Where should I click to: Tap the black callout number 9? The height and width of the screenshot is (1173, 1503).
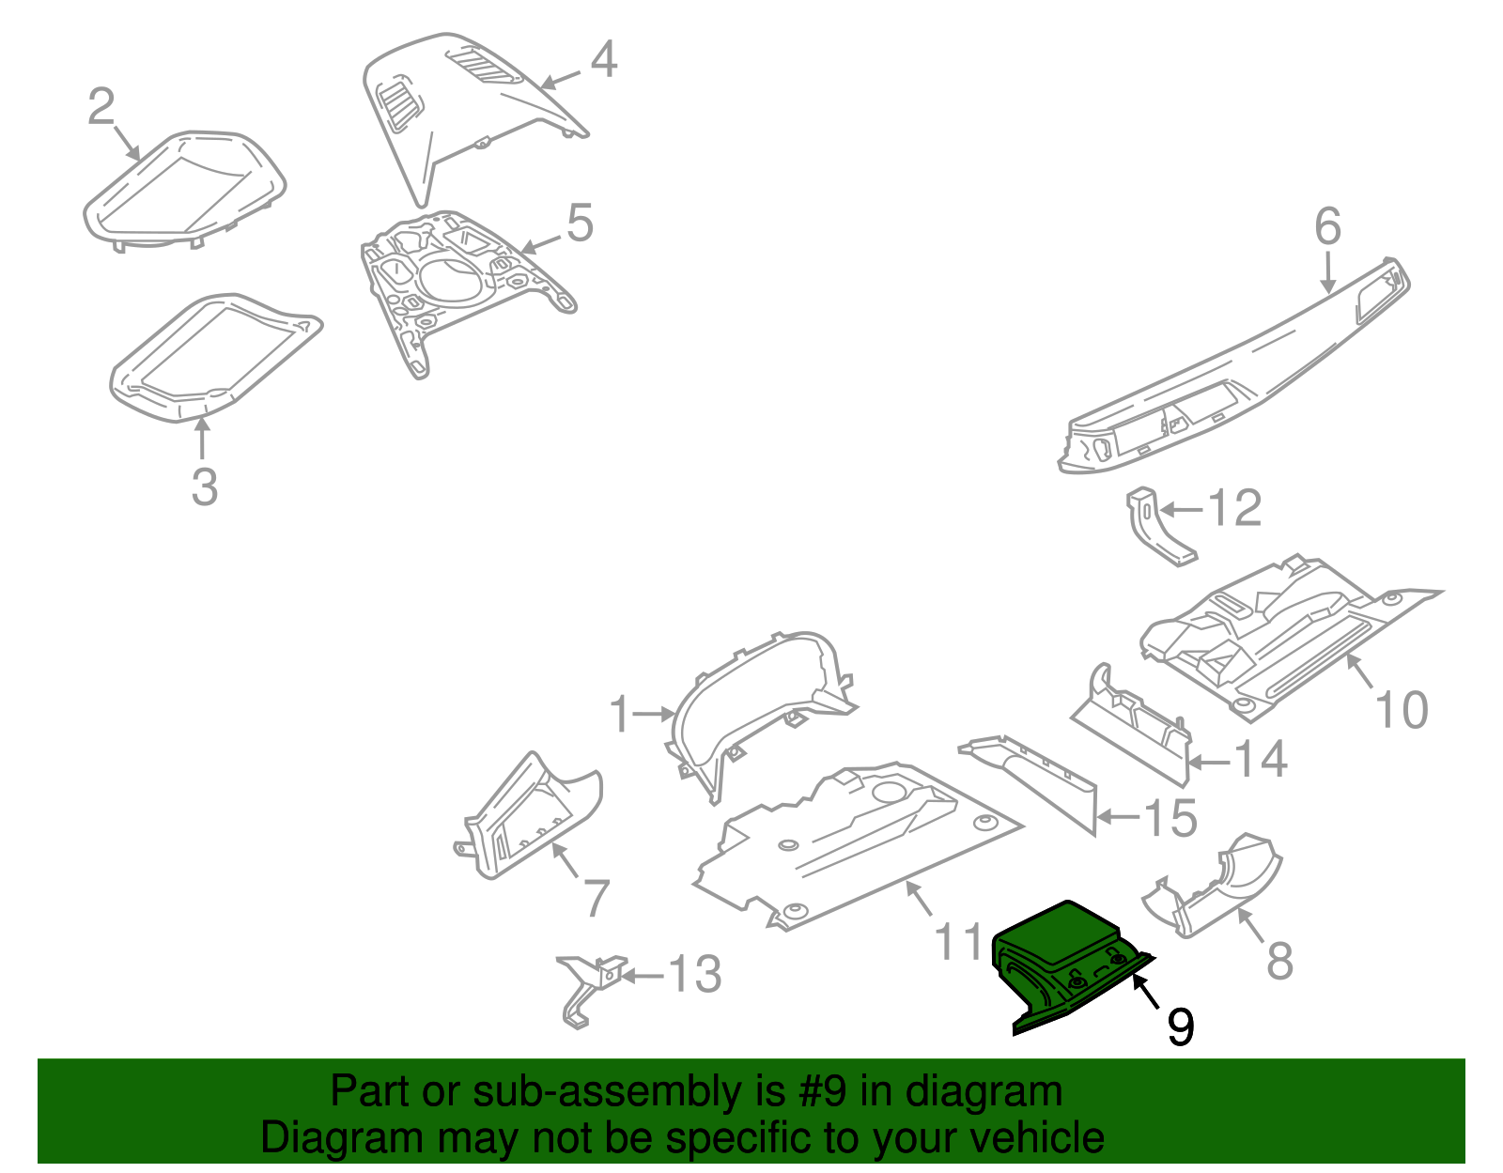click(1180, 1026)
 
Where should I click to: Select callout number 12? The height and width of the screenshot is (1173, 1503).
click(1233, 509)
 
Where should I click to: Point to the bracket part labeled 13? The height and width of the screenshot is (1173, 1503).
click(589, 986)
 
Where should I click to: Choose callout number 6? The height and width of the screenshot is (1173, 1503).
click(1327, 227)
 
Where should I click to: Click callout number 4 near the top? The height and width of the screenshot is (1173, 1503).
click(603, 59)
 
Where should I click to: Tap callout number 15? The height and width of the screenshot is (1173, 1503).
click(1170, 818)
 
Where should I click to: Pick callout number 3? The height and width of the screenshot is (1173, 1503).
click(204, 486)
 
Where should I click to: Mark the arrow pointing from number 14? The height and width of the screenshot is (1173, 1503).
click(1209, 762)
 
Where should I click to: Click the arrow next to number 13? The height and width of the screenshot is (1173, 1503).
click(643, 976)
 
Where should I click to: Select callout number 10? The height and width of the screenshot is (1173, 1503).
click(1401, 710)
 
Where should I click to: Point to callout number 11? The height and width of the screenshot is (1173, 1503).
click(958, 941)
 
